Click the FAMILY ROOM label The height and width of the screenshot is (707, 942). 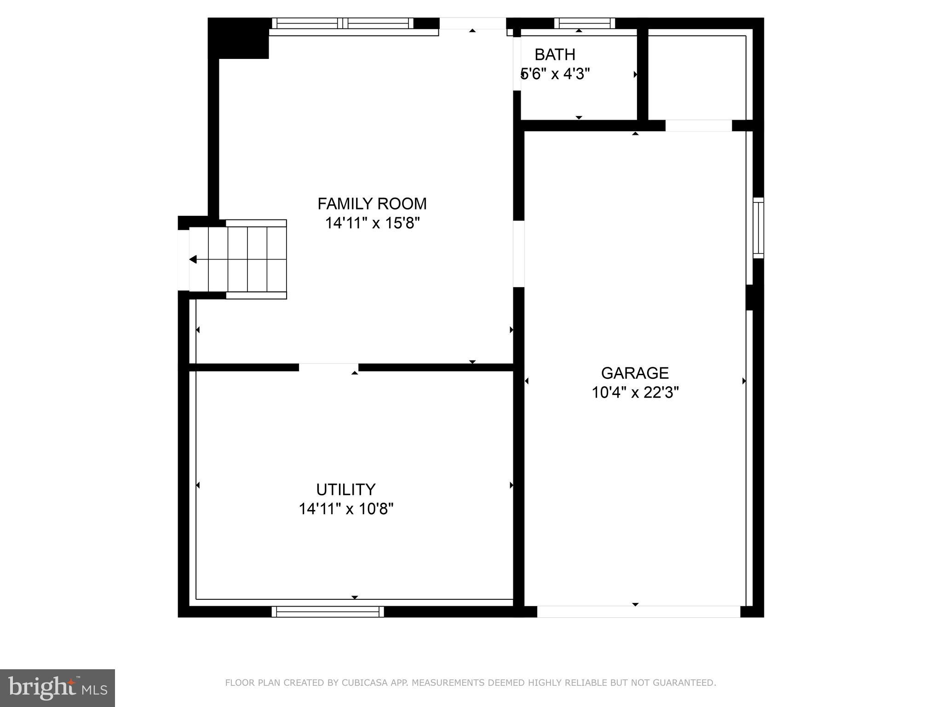372,203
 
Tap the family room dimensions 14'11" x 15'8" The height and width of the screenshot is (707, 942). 373,223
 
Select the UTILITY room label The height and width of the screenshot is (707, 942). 345,489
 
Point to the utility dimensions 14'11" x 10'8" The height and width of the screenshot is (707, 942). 346,509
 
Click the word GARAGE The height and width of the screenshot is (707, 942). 635,372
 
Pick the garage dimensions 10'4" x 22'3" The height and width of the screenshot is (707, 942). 635,393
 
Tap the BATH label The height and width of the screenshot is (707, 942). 555,55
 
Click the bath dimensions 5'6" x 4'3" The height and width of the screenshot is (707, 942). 555,74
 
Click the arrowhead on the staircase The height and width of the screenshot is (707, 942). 193,260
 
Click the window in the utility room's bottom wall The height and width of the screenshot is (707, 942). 327,611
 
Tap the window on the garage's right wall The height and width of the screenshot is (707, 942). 758,228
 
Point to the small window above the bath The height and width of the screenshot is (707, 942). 584,23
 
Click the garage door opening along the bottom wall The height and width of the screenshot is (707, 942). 638,611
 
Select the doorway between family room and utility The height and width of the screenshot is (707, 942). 328,367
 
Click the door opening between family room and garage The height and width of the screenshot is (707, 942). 518,254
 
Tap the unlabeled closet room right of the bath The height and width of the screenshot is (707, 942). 696,76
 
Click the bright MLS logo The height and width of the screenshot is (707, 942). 57,688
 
